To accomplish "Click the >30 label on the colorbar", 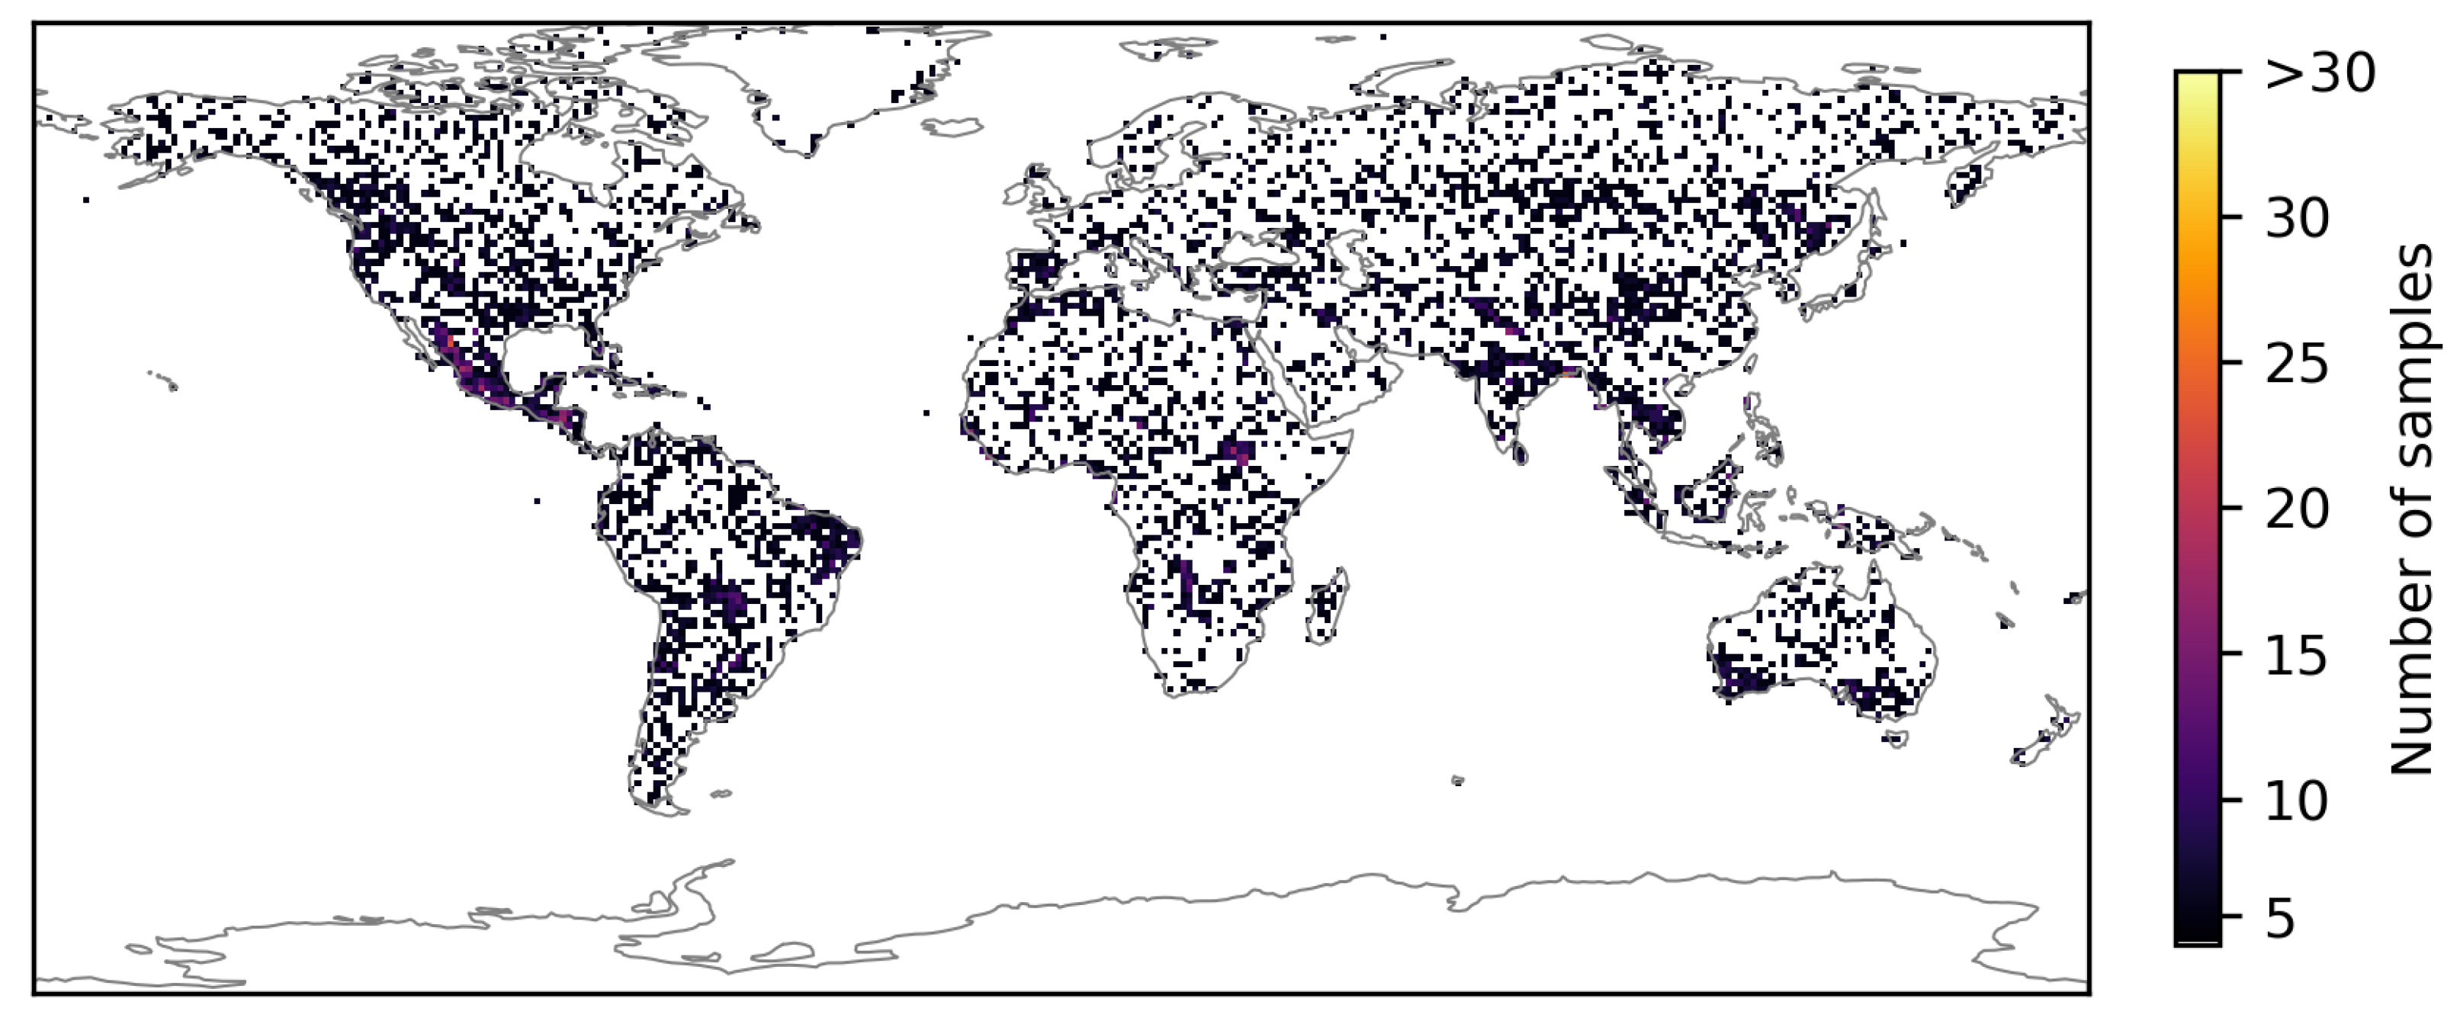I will (x=2319, y=72).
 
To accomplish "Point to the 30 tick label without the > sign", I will (x=2296, y=219).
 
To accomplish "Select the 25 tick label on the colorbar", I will (x=2296, y=364).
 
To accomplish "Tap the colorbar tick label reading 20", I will (x=2296, y=509).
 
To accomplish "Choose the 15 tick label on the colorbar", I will (x=2296, y=655).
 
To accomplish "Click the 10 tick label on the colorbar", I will (x=2296, y=801).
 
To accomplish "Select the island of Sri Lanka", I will (x=1519, y=451).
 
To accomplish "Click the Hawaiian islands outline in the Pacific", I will (x=164, y=380).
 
